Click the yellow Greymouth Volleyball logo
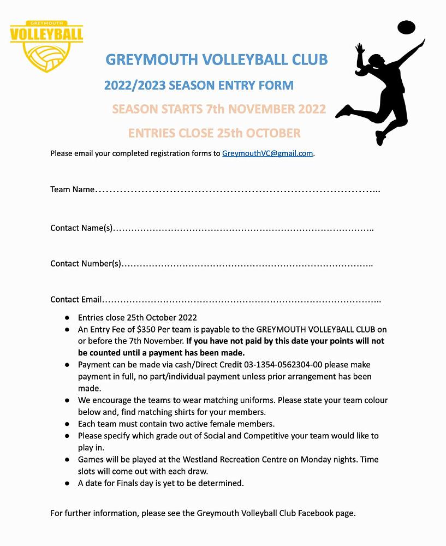click(x=46, y=46)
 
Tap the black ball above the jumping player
click(x=406, y=27)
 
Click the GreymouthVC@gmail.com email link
click(x=267, y=153)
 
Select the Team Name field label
click(x=72, y=189)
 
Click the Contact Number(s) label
click(x=85, y=264)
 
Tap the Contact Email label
click(x=76, y=299)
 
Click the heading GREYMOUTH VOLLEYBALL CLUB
click(x=216, y=59)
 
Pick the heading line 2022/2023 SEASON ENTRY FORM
click(x=199, y=85)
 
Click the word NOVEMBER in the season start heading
click(x=261, y=109)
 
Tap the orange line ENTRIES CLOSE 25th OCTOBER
click(x=214, y=133)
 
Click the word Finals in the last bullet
click(x=135, y=483)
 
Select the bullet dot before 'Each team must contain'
click(x=67, y=424)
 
